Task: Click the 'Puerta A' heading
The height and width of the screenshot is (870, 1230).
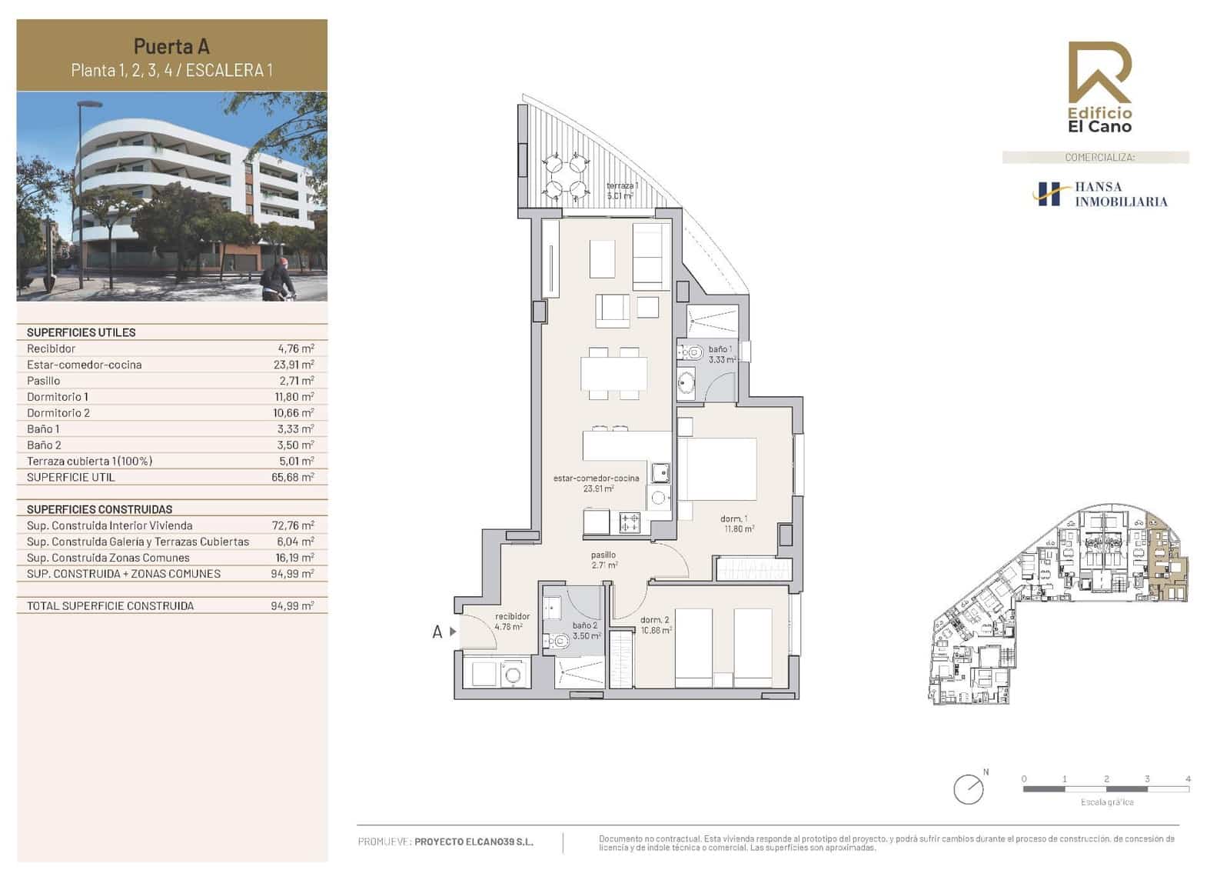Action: pos(171,46)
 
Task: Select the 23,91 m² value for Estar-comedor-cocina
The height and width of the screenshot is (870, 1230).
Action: pos(293,365)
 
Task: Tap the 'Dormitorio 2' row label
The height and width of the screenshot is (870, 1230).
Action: pos(58,413)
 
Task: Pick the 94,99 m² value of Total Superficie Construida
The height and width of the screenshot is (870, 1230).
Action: pos(292,606)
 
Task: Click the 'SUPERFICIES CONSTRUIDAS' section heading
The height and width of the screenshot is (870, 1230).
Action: pos(99,509)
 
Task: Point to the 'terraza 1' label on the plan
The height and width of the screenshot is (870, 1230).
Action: pos(621,186)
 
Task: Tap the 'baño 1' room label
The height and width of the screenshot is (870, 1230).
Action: pos(720,349)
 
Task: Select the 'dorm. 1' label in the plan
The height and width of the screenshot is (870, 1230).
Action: pos(733,518)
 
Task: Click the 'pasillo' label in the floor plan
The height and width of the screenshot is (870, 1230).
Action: pos(603,555)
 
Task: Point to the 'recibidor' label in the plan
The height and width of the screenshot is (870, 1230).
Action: pos(512,616)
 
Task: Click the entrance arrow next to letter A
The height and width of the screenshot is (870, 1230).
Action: pos(454,632)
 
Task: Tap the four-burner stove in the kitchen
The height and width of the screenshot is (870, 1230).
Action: pos(630,523)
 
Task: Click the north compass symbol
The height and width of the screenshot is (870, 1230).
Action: pos(968,789)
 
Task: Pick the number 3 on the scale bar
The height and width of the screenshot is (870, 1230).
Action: pos(1147,779)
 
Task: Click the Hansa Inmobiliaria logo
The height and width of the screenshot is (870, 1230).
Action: pos(1099,194)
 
